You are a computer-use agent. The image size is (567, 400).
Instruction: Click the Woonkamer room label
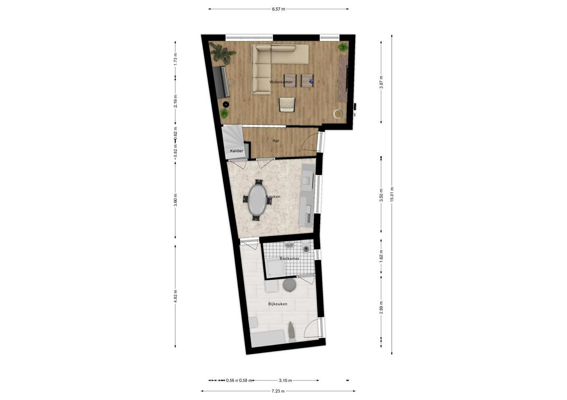(x=281, y=82)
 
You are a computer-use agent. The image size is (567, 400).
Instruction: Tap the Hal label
(x=276, y=141)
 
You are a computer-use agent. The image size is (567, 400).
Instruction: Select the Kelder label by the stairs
(x=236, y=151)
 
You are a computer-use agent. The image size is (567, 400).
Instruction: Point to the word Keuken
(x=273, y=197)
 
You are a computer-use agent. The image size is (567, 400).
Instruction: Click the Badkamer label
(x=290, y=258)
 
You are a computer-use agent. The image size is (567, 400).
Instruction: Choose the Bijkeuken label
(x=278, y=304)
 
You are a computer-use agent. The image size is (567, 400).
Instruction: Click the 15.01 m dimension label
(x=392, y=195)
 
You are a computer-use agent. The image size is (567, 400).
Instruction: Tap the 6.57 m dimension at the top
(x=278, y=9)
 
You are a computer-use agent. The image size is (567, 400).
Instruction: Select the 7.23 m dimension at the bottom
(x=278, y=391)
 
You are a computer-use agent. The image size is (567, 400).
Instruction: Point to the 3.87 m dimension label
(x=381, y=82)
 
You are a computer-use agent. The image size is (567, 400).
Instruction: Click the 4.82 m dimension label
(x=175, y=296)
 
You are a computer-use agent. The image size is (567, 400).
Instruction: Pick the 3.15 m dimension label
(x=286, y=380)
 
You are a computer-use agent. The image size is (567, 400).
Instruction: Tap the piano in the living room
(x=221, y=82)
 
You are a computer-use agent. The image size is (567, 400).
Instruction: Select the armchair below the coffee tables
(x=287, y=105)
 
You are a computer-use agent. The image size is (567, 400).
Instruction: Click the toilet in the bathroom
(x=306, y=247)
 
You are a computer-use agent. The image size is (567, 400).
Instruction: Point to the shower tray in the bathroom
(x=275, y=268)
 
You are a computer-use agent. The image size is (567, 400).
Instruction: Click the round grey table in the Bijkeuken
(x=290, y=285)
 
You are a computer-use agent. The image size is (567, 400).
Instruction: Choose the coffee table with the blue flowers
(x=307, y=81)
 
